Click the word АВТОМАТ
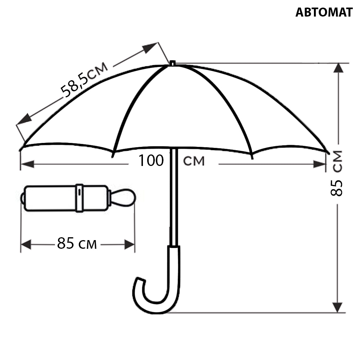[x=324, y=12]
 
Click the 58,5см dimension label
[x=84, y=80]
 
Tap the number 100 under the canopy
[x=151, y=160]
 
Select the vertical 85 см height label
[x=337, y=173]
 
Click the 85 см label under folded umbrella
[x=77, y=243]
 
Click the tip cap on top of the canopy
[x=172, y=63]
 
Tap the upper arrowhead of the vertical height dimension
[x=338, y=68]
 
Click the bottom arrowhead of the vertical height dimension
[x=338, y=307]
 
